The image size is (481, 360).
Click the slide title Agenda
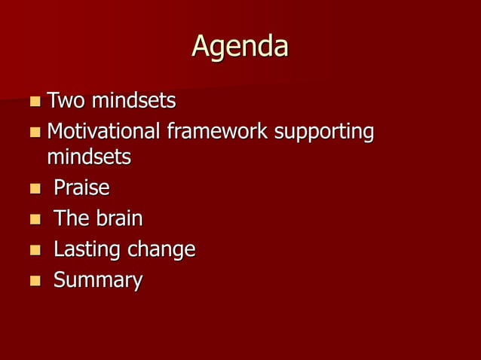coord(240,47)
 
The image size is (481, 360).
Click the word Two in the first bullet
coord(66,100)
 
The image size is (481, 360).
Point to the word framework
coord(216,132)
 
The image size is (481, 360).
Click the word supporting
coord(324,133)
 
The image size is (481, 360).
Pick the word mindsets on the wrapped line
coord(88,157)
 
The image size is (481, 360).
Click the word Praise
coord(81,188)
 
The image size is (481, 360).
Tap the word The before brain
coord(71,218)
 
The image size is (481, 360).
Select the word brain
coord(118,218)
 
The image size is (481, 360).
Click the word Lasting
coord(84,249)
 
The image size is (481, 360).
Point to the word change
coord(159,250)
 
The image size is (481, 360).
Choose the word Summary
coord(97,281)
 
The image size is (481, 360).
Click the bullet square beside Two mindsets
coord(35,101)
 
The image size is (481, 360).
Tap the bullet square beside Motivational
coord(35,133)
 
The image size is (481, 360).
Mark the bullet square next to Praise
coord(35,188)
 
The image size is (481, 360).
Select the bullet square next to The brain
coord(35,219)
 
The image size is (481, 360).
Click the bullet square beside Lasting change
coord(35,250)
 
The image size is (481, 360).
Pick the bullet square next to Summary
coord(35,281)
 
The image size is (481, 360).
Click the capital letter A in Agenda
coord(201,47)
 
